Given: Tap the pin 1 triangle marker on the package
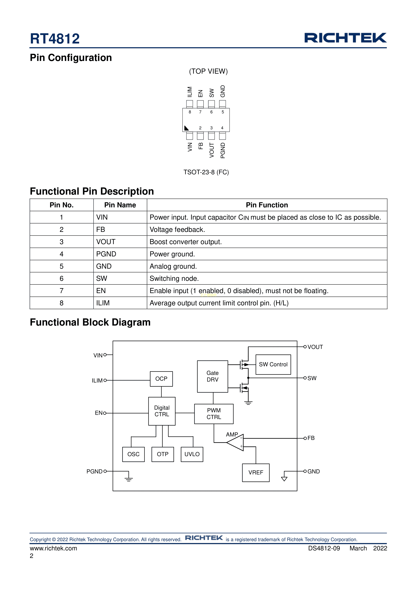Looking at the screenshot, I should pos(186,128).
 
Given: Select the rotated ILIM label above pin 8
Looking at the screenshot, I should pos(189,92).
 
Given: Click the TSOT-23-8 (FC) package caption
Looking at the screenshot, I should pos(206,172).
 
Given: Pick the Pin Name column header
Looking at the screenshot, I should pos(120,205).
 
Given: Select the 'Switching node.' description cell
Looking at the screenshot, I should pos(174,279).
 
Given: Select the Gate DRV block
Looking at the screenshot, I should pos(212,376).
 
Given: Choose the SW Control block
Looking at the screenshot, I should pos(273,365).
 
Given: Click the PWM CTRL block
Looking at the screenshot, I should pos(214,414).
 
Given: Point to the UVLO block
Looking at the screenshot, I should pos(192,454).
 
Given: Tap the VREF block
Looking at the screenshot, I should pos(256,472).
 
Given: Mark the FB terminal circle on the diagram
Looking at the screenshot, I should pos(305,438).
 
